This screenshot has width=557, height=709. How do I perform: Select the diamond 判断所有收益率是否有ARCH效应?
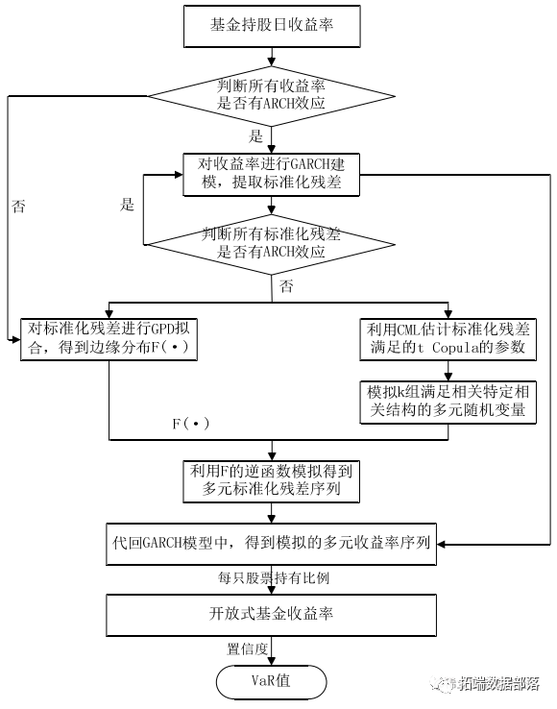point(272,96)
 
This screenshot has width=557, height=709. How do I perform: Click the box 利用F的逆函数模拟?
point(272,480)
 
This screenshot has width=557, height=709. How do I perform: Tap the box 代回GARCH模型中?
point(272,544)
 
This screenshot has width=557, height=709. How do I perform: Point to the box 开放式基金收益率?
point(272,614)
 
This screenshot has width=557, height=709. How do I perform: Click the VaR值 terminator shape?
point(272,681)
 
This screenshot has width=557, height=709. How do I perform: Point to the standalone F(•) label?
point(189,422)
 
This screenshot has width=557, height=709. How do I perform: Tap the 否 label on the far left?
point(18,206)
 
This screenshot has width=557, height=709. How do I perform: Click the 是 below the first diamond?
point(255,135)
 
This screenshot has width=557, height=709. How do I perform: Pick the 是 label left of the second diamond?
point(127,206)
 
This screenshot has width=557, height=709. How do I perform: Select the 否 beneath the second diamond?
point(285,286)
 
